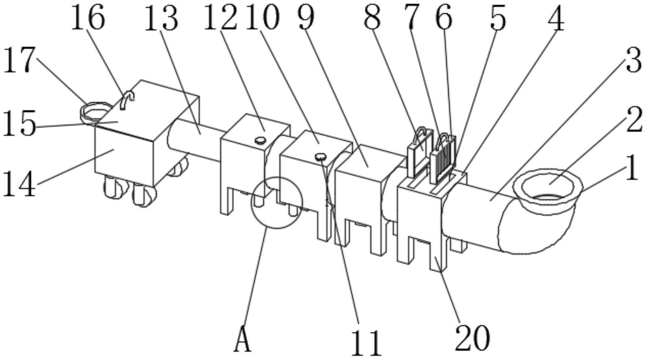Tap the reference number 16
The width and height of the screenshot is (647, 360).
click(87, 18)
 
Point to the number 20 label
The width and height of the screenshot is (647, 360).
click(472, 338)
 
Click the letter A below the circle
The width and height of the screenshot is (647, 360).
click(243, 340)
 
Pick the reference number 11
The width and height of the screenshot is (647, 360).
click(366, 342)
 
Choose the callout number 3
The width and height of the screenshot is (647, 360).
click(633, 61)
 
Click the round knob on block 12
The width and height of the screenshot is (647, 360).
click(260, 140)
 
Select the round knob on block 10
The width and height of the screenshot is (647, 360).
click(321, 157)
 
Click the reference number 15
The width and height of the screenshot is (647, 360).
click(19, 124)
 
